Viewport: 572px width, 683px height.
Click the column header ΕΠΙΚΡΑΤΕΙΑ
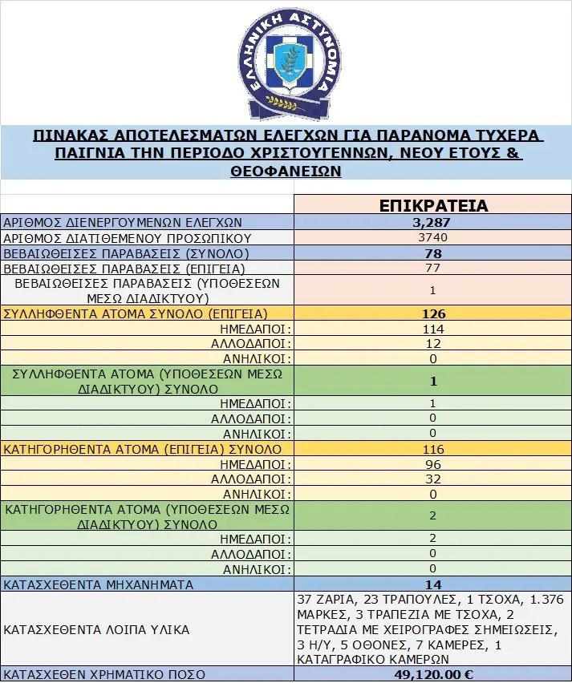[433, 205]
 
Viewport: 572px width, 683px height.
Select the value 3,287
[433, 222]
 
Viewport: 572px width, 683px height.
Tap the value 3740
[433, 237]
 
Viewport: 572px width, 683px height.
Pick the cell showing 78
[433, 253]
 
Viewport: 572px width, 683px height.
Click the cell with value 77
[433, 268]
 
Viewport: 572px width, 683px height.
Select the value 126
[433, 313]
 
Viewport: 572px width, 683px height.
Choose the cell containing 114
[433, 329]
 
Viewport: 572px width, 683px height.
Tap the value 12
[433, 343]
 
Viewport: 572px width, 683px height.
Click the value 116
[433, 448]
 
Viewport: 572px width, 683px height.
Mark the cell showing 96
[433, 463]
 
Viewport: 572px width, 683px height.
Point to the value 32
[433, 479]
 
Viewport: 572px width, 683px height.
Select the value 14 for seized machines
[433, 584]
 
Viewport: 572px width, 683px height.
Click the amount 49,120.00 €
[433, 674]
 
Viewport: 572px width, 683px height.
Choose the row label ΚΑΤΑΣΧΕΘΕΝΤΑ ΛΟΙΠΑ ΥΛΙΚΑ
[96, 629]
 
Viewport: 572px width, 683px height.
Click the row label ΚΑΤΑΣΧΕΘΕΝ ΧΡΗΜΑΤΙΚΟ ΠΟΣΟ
[104, 674]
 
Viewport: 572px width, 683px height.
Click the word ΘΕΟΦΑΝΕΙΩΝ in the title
[286, 171]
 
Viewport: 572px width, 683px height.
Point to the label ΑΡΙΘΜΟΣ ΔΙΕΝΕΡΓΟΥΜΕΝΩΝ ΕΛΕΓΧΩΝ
[123, 222]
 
